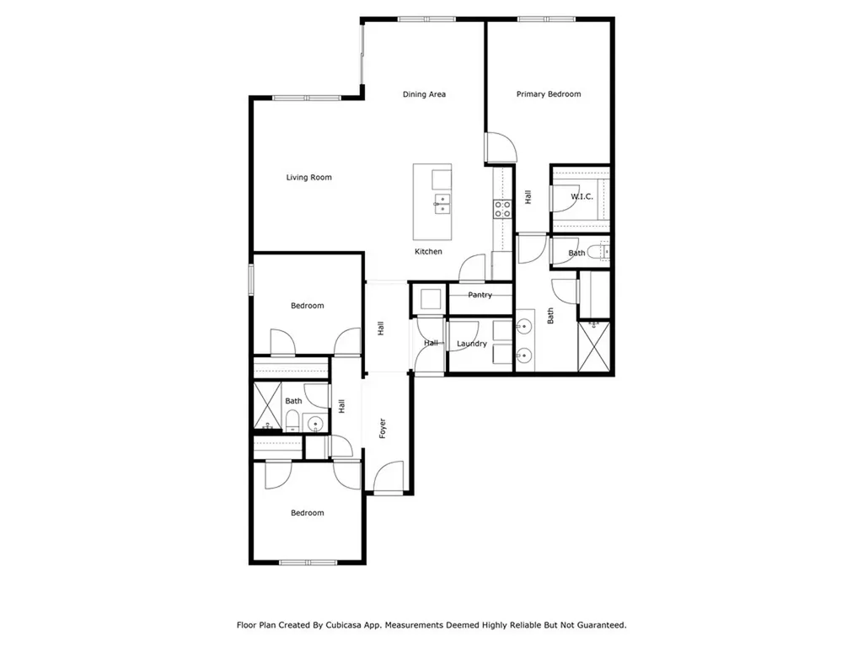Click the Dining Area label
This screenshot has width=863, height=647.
pos(424,94)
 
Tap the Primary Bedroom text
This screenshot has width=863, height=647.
pos(549,94)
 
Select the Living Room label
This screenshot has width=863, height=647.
pos(308,178)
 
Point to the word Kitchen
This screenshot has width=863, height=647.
pos(428,252)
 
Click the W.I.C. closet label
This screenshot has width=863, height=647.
pos(582,197)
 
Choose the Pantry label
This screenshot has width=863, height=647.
pos(480,295)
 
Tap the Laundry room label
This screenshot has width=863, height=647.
pos(472,344)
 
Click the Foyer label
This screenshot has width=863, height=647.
pos(382,428)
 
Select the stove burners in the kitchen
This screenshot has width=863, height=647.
pos(503,209)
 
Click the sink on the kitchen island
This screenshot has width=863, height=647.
pos(442,203)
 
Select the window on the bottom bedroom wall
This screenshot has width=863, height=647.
pos(308,563)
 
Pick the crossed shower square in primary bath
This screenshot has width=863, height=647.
pos(593,346)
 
